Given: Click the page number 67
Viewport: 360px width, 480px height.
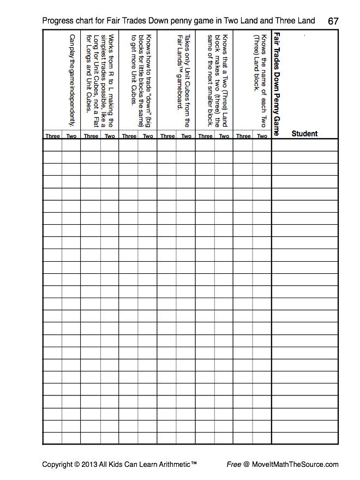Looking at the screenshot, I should (333, 21).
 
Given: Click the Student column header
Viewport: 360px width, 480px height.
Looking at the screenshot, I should (304, 133).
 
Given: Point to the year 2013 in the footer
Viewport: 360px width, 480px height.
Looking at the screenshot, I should (90, 465).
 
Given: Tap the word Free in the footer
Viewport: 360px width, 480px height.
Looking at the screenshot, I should (234, 465).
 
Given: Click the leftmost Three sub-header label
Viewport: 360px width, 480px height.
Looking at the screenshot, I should (53, 136).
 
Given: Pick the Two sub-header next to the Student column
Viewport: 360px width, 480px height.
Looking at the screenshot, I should (262, 136).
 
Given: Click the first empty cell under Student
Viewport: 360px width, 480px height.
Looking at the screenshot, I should (304, 145).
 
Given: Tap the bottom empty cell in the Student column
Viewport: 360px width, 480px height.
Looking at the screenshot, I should (304, 438).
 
